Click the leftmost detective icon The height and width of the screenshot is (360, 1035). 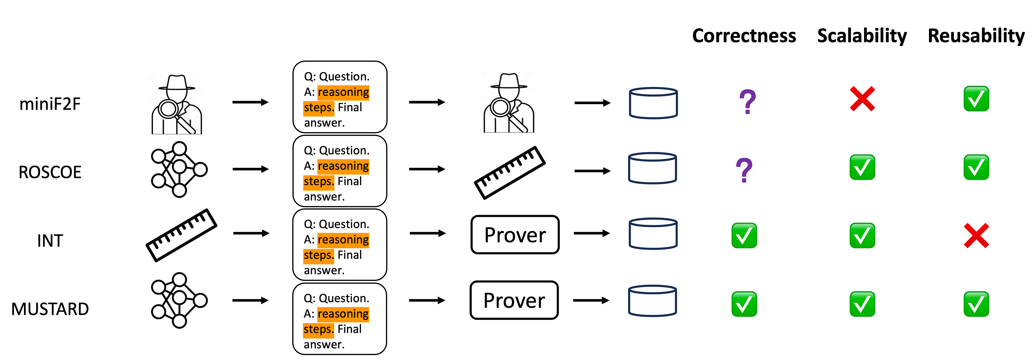coord(175,102)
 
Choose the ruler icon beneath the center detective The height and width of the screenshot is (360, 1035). coord(510,173)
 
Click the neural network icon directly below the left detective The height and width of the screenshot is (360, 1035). coord(179,169)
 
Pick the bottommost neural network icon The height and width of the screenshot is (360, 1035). coord(179,300)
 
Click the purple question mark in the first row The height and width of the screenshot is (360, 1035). coord(747,102)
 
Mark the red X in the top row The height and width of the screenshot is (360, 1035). coord(862,98)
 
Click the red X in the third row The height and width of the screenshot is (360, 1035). coord(976,235)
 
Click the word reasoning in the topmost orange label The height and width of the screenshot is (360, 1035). coord(343,92)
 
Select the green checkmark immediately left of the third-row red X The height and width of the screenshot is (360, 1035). coord(862,235)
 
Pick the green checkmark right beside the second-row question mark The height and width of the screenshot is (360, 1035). coord(862,167)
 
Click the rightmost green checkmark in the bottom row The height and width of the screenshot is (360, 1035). coord(976,304)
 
